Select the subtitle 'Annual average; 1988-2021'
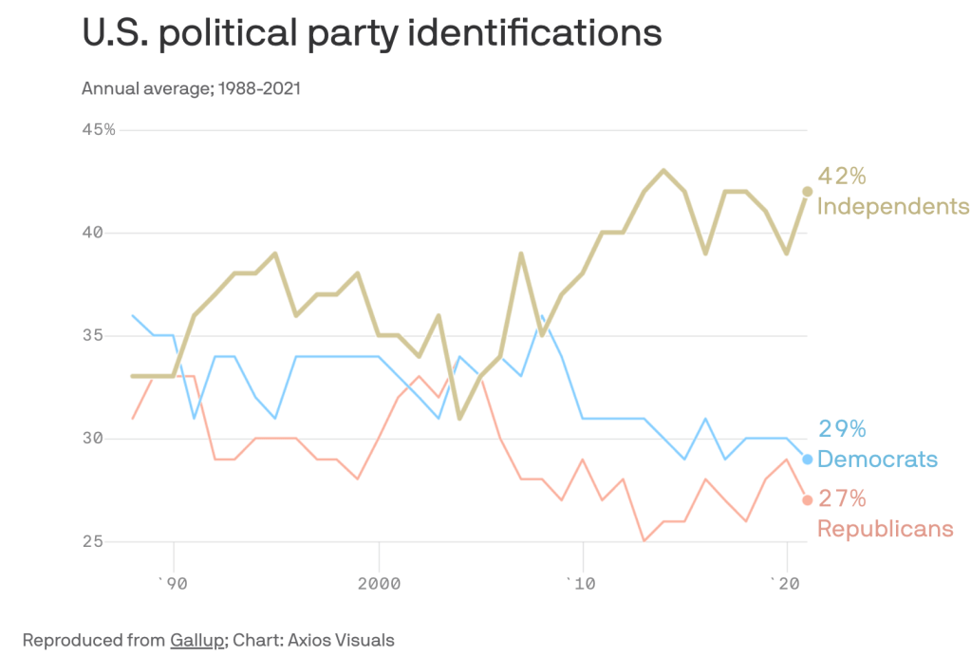point(191,89)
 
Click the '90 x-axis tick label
point(173,582)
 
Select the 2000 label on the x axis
point(379,582)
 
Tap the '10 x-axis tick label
point(582,582)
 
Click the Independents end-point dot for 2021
point(808,191)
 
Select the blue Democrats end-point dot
point(808,460)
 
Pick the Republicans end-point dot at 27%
point(808,500)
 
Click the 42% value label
point(843,177)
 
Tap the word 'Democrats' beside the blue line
point(877,460)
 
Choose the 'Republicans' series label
point(885,528)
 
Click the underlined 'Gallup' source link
point(197,639)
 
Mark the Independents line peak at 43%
point(664,171)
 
